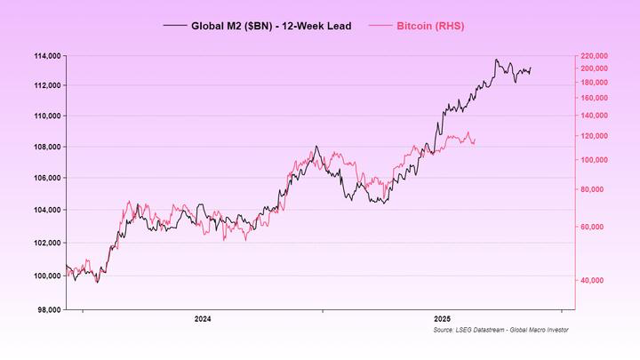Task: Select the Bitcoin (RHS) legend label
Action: (x=430, y=26)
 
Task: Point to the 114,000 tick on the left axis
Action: (x=43, y=55)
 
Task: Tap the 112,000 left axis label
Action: (x=43, y=85)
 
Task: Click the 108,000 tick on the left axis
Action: (x=43, y=147)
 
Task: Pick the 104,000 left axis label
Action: (x=43, y=210)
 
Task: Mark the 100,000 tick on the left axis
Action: (x=43, y=276)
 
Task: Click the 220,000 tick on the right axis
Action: (x=594, y=55)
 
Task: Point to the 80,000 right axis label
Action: (x=592, y=189)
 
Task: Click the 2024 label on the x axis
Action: (x=203, y=318)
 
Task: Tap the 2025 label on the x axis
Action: (x=442, y=318)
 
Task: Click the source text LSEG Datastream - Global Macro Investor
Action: (x=501, y=331)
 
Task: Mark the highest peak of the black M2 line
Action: (x=496, y=60)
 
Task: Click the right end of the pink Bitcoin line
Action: (x=476, y=139)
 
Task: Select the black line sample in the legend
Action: (x=174, y=26)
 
